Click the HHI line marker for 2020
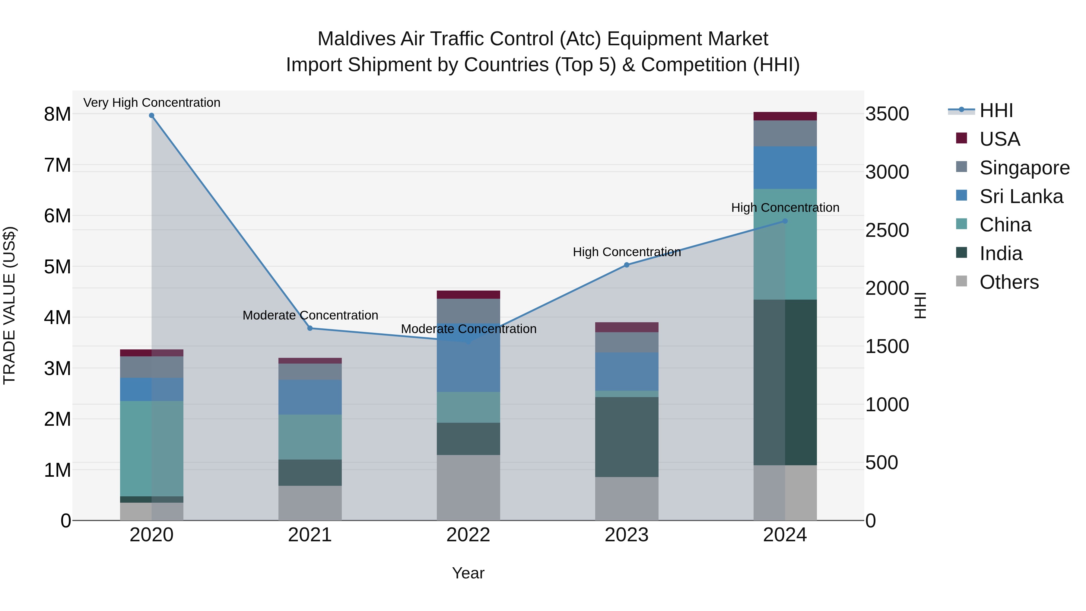point(152,116)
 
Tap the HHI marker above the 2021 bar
point(310,328)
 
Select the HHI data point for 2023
point(627,265)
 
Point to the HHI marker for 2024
point(785,221)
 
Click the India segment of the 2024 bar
point(785,382)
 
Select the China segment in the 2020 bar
point(152,448)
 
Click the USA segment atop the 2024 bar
point(785,116)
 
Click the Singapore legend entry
point(1024,168)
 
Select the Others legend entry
point(1009,282)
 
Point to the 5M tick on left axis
point(57,266)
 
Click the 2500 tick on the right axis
point(887,230)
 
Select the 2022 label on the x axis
point(468,535)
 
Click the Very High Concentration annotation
point(152,103)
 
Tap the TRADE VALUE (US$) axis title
point(10,305)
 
